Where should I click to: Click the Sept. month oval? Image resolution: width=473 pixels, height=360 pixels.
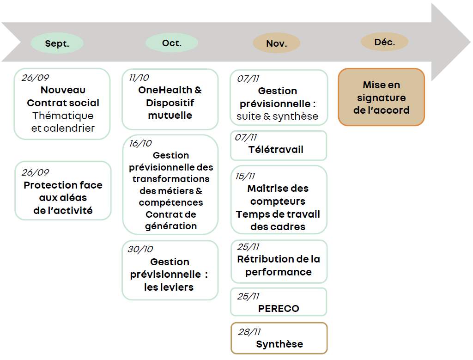(x=57, y=43)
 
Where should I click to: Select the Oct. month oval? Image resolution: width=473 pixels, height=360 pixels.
(x=172, y=43)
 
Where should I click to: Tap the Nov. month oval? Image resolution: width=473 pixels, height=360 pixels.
(x=276, y=43)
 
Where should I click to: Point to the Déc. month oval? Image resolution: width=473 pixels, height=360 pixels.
(x=385, y=42)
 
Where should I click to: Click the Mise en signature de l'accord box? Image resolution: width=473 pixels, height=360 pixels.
(x=381, y=97)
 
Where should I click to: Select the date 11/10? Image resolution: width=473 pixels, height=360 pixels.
(x=139, y=78)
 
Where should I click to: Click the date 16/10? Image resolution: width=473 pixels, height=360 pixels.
(x=140, y=143)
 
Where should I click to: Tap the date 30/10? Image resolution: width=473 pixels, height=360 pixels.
(x=140, y=249)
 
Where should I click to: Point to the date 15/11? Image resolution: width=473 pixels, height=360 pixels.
(x=245, y=176)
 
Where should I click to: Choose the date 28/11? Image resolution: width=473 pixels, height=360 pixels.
(x=249, y=332)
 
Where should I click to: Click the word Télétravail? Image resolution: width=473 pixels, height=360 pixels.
(x=276, y=150)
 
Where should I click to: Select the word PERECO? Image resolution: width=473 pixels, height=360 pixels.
(x=279, y=309)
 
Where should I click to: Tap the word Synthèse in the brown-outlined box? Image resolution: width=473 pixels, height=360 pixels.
(x=279, y=344)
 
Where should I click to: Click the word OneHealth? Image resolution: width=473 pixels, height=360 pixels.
(x=165, y=90)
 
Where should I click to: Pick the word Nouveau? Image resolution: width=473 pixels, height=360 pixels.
(x=63, y=90)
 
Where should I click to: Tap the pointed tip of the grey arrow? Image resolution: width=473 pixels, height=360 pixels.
(x=471, y=42)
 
